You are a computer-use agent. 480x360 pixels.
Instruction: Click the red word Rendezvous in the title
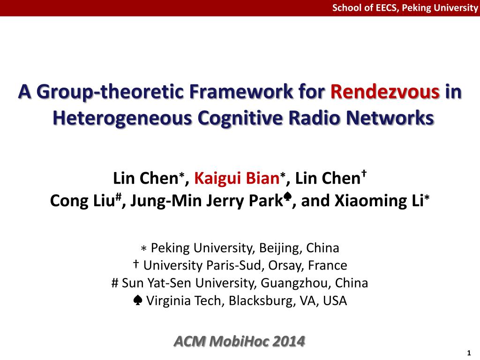coord(385,92)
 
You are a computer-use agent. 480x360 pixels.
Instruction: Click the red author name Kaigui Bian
coord(237,179)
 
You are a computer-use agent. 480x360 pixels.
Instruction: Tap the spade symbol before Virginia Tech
coord(139,300)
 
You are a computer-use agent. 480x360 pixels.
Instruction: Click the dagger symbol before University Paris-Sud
coord(136,265)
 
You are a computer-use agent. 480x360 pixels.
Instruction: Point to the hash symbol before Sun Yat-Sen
coord(115,283)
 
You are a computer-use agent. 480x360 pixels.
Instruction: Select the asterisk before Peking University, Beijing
coord(144,248)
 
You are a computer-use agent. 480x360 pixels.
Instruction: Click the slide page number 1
coord(469,353)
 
